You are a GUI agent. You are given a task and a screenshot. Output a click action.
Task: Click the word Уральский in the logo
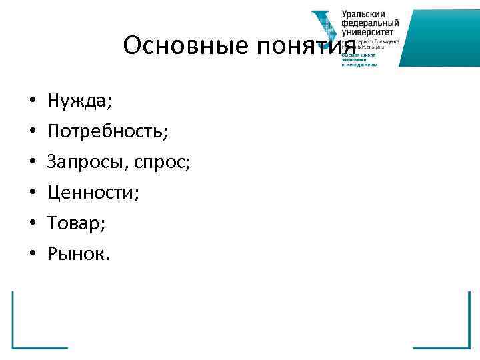point(364,15)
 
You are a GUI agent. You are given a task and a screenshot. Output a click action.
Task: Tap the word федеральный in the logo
point(369,23)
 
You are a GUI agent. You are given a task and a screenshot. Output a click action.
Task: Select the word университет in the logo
point(367,31)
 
